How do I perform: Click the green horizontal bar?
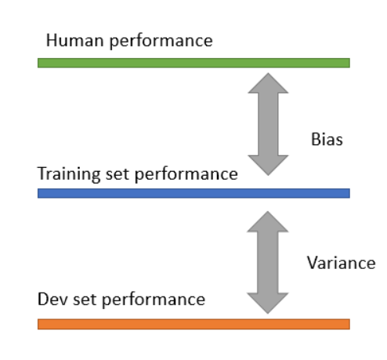pos(193,63)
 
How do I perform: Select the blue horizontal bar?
pos(193,193)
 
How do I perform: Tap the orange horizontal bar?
pos(193,323)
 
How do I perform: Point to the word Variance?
pos(341,263)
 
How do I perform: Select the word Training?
pos(65,173)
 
